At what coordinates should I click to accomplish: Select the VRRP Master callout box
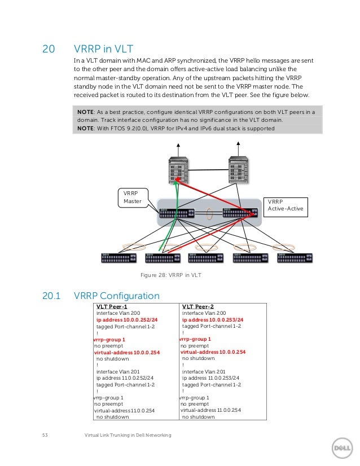point(132,197)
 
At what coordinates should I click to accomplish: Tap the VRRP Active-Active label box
point(286,205)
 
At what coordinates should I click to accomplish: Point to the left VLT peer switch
point(177,214)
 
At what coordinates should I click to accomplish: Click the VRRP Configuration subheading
point(117,296)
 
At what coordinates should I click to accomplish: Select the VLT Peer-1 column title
point(112,306)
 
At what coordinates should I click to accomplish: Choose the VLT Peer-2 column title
point(198,306)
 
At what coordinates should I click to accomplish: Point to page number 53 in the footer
point(46,435)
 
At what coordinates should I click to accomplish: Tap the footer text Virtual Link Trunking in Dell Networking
point(127,435)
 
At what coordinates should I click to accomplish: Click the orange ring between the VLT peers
point(209,214)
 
